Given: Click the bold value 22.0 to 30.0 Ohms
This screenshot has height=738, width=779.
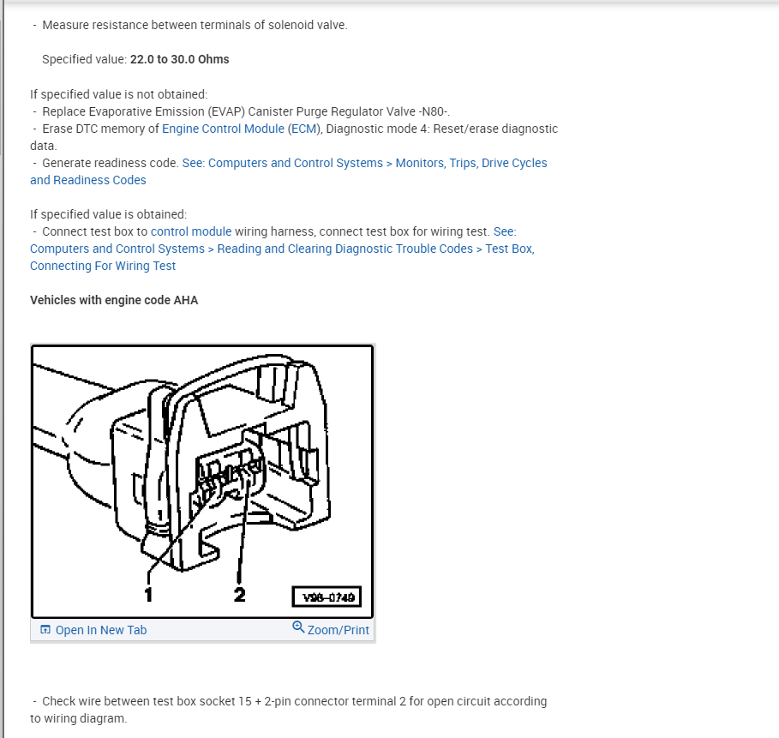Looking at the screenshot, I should click(x=179, y=60).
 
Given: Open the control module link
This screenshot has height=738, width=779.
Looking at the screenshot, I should click(x=191, y=231).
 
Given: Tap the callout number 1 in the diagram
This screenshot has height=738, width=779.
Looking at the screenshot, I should click(x=148, y=593).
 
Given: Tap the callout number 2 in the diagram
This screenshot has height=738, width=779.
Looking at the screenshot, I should click(x=239, y=593).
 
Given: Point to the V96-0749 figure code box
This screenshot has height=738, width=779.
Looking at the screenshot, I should click(x=327, y=596).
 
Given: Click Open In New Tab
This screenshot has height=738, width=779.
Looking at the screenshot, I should click(x=101, y=630).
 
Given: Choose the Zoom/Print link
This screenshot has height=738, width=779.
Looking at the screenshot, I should click(x=338, y=630).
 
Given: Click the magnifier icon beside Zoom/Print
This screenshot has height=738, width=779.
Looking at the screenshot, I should click(x=298, y=627).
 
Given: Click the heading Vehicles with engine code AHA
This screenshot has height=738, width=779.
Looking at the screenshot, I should click(x=114, y=300).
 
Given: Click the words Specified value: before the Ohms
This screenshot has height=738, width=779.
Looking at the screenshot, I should click(x=84, y=60).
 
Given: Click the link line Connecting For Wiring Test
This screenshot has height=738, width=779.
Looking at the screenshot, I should click(x=103, y=266).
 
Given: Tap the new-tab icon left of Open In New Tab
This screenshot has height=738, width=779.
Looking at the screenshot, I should click(x=45, y=630).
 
